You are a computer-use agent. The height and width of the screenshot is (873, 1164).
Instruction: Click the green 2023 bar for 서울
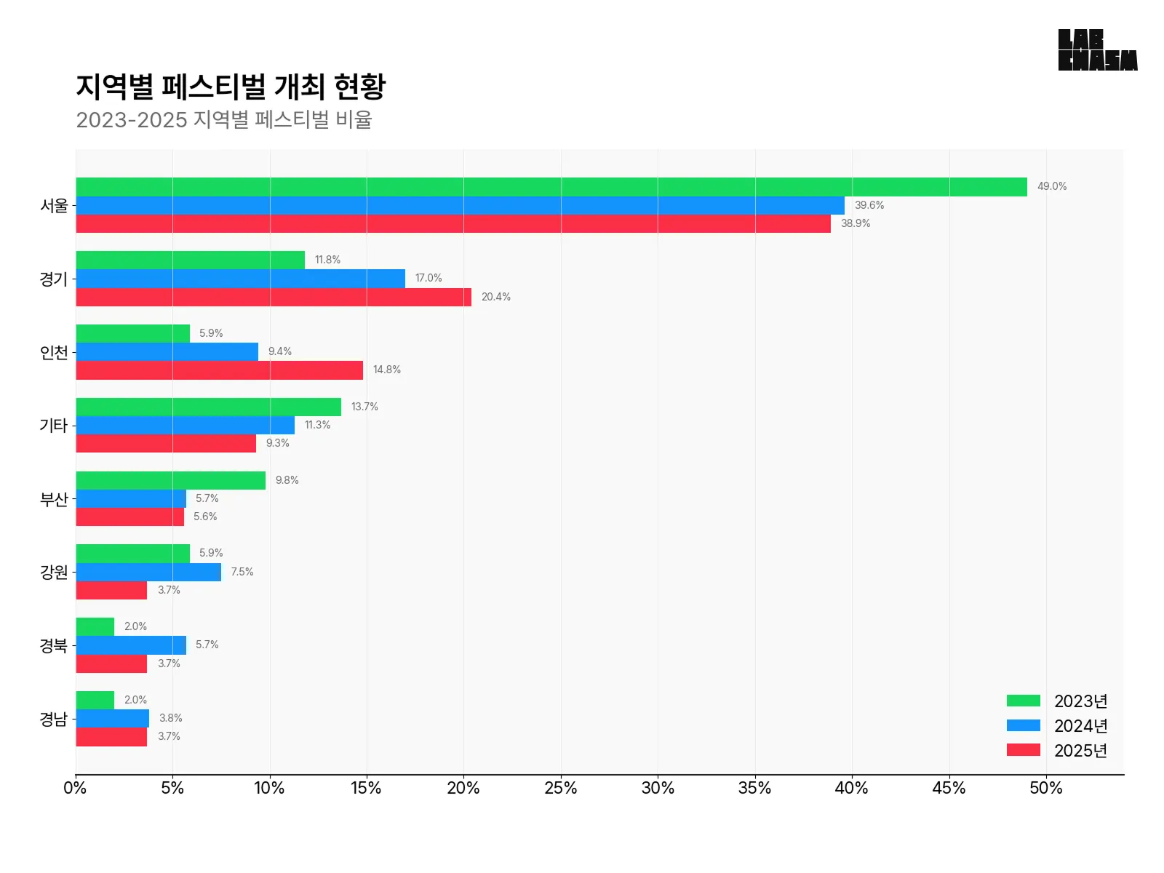click(551, 187)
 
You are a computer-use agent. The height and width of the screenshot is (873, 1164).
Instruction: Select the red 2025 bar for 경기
click(274, 297)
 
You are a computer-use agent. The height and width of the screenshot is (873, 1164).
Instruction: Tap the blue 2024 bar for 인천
click(167, 351)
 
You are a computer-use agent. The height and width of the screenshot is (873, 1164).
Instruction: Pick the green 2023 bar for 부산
click(170, 480)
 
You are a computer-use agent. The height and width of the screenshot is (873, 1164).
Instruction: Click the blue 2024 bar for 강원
click(148, 572)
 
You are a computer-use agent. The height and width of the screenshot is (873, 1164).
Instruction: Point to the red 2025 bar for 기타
click(166, 443)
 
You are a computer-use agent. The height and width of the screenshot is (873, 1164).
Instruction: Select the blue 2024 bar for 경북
click(131, 645)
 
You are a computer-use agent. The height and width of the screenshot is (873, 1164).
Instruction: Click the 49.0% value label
click(1052, 186)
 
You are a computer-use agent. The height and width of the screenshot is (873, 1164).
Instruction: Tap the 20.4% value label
click(496, 297)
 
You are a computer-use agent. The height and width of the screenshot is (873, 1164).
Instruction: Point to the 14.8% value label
click(387, 370)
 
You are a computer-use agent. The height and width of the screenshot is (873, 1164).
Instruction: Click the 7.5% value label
click(242, 572)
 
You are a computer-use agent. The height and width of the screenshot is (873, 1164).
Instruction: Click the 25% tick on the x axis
click(561, 788)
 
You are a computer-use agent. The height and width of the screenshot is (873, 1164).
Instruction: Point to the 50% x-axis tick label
click(1046, 788)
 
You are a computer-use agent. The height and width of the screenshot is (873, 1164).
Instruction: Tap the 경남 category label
click(54, 719)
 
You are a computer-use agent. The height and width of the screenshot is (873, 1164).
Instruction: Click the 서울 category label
click(54, 205)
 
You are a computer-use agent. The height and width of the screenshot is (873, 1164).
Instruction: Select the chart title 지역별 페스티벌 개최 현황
click(231, 87)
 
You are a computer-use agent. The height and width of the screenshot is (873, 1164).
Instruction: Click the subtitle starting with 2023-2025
click(224, 119)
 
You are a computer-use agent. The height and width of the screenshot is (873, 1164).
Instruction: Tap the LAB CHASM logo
click(1098, 50)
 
